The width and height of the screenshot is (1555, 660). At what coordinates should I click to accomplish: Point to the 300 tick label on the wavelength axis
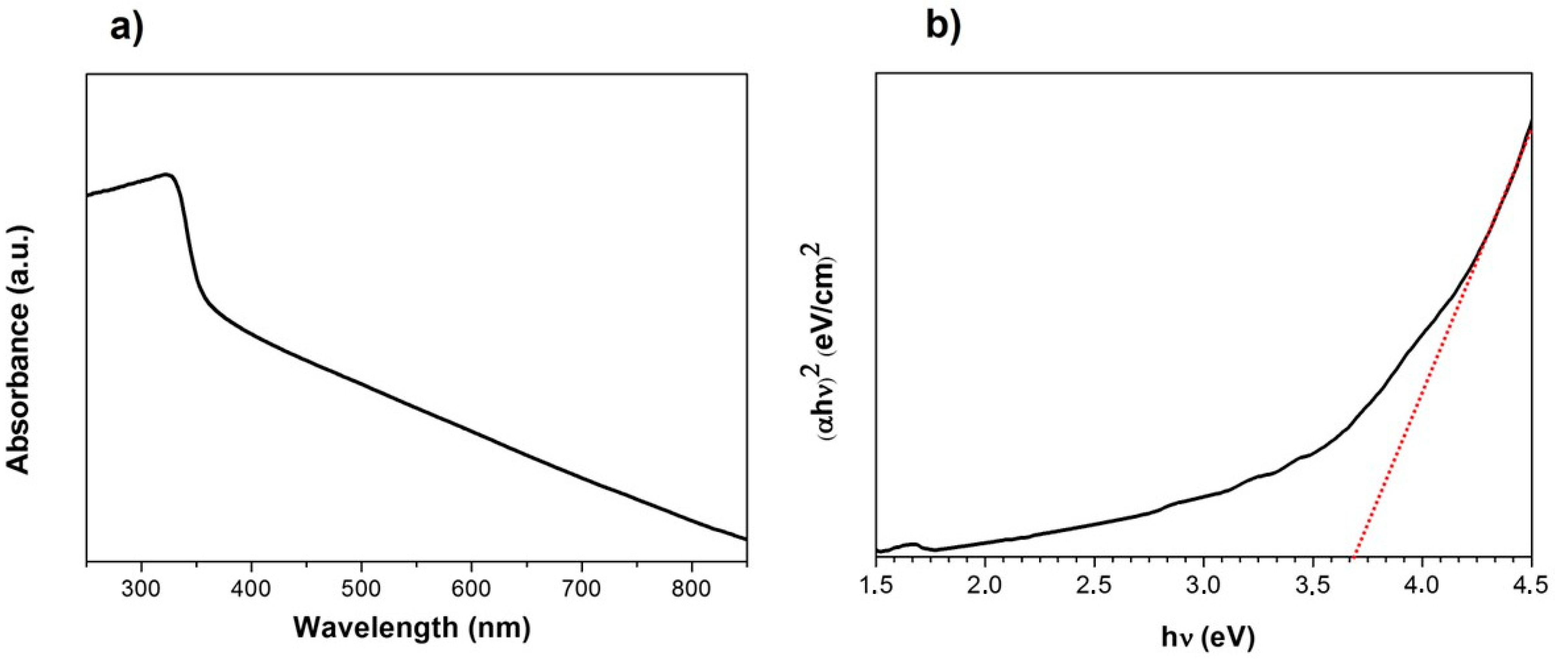[x=141, y=589]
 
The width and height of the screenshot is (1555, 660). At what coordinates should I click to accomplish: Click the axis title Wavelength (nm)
[x=412, y=628]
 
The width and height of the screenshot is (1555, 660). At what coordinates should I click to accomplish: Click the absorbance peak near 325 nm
[x=168, y=174]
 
